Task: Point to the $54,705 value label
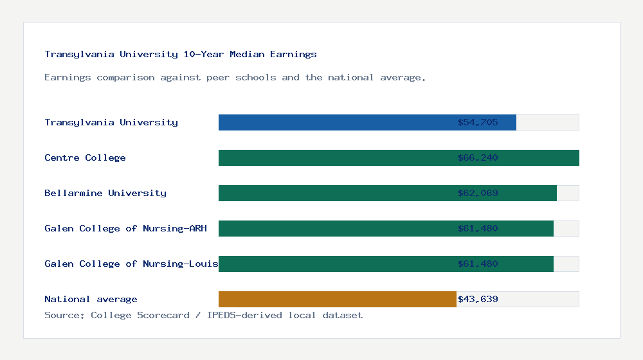pyautogui.click(x=478, y=122)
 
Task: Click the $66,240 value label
pyautogui.click(x=478, y=157)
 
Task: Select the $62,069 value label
pyautogui.click(x=478, y=193)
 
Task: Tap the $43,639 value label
pyautogui.click(x=478, y=299)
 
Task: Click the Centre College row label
pyautogui.click(x=85, y=157)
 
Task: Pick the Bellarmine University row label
pyautogui.click(x=105, y=193)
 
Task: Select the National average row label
pyautogui.click(x=91, y=299)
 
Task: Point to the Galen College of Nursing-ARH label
pyautogui.click(x=125, y=228)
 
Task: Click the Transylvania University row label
pyautogui.click(x=111, y=122)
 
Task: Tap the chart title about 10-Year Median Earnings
pyautogui.click(x=181, y=54)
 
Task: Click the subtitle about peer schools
pyautogui.click(x=235, y=77)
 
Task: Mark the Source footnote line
pyautogui.click(x=203, y=315)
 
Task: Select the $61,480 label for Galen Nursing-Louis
pyautogui.click(x=478, y=264)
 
